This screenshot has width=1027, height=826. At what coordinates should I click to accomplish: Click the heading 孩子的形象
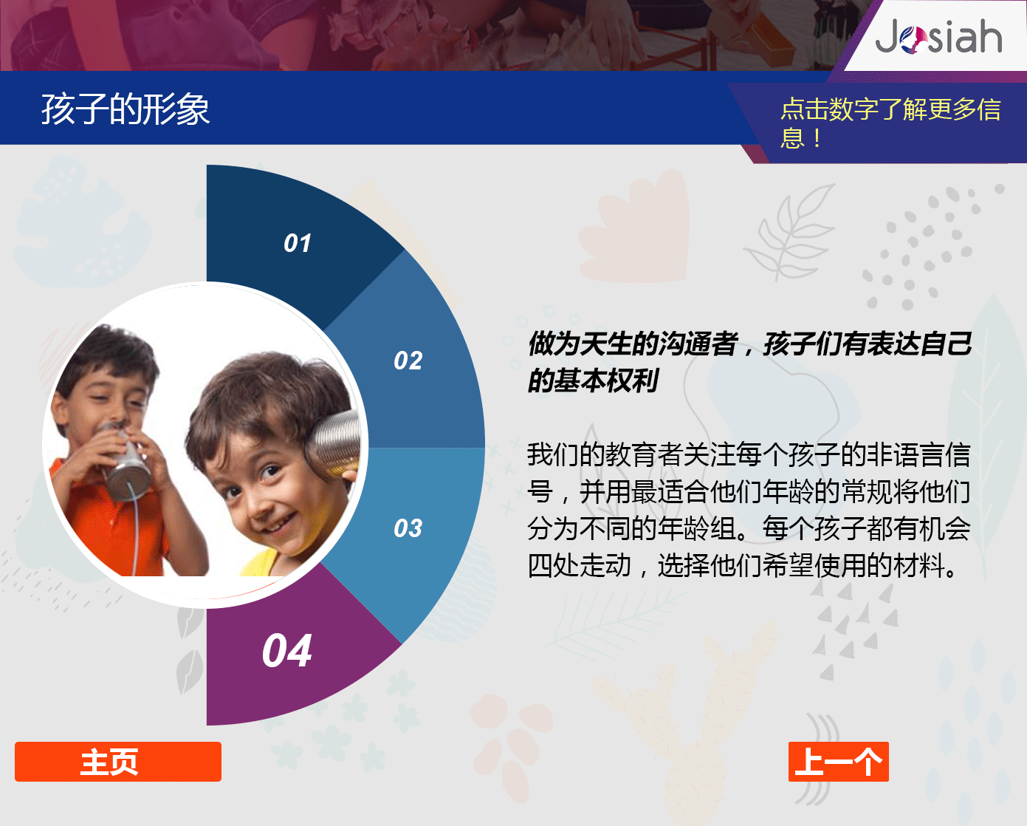[x=125, y=109]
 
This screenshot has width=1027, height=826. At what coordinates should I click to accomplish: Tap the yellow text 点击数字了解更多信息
[x=890, y=123]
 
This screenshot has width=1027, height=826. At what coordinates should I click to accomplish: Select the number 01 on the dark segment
[x=298, y=243]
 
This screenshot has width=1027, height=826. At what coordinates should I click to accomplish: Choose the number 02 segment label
[x=408, y=361]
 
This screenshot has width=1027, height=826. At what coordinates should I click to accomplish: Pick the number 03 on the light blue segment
[x=408, y=528]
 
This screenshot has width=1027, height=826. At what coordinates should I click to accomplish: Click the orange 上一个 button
[x=839, y=762]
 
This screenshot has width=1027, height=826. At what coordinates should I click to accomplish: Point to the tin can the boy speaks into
[x=125, y=461]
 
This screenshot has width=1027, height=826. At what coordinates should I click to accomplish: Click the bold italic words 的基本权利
[x=593, y=380]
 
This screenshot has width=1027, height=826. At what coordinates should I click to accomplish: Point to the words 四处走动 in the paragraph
[x=580, y=565]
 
